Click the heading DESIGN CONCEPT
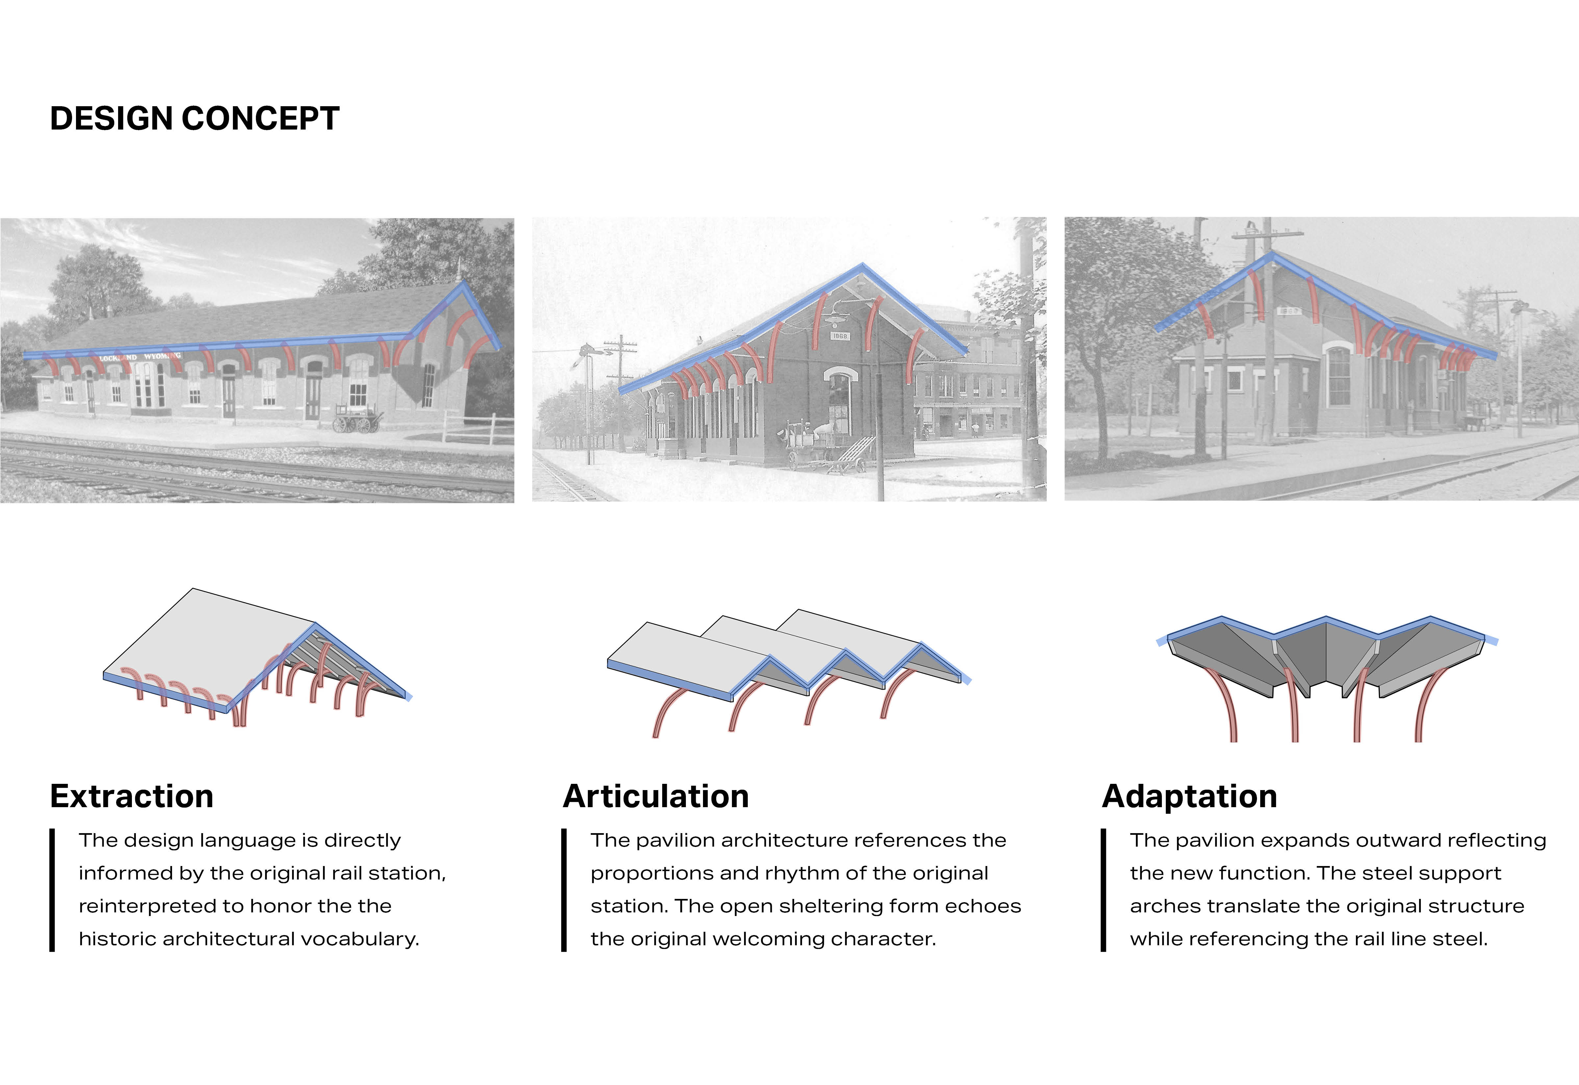pyautogui.click(x=194, y=119)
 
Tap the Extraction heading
pyautogui.click(x=132, y=796)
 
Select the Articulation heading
pyautogui.click(x=656, y=796)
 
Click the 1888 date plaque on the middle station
pyautogui.click(x=840, y=336)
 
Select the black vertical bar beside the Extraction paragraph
pyautogui.click(x=52, y=890)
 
